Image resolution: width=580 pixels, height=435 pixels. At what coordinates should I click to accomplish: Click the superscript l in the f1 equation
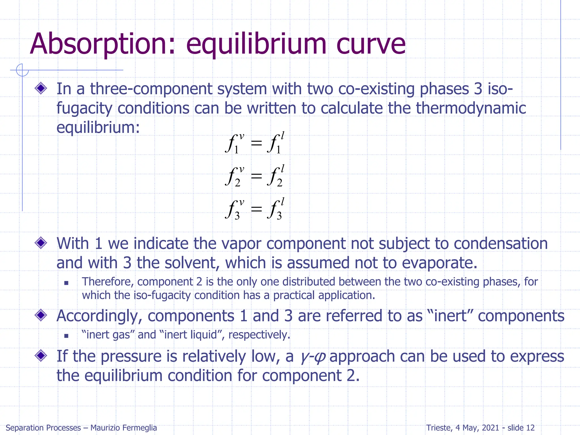coord(282,136)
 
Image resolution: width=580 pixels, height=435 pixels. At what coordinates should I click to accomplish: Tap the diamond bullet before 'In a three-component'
coord(41,88)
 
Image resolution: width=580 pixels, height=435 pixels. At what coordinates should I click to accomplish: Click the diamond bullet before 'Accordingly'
coord(41,315)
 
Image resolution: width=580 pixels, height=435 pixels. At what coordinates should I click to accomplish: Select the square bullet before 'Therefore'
coord(66,283)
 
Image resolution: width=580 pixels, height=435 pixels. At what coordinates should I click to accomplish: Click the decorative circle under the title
coord(22,70)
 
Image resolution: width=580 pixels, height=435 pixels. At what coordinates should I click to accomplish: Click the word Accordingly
coord(99,316)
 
